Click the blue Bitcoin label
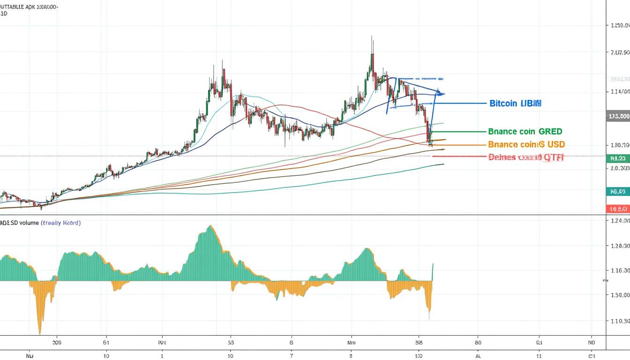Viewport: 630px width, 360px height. (x=515, y=103)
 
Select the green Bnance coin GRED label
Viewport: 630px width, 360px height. (x=525, y=132)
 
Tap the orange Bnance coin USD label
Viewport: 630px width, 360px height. (x=526, y=144)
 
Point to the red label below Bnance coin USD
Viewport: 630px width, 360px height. (x=525, y=157)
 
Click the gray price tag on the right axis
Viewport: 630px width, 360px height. (x=618, y=116)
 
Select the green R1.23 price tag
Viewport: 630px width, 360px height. (x=618, y=158)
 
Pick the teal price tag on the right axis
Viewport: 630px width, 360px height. (x=618, y=191)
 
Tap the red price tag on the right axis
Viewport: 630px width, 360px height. (x=618, y=209)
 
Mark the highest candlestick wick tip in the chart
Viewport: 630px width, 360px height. (x=372, y=36)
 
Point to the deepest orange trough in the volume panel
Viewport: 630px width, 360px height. (x=40, y=334)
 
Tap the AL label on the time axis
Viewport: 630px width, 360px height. (x=478, y=356)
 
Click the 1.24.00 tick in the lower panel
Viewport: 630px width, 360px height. (x=618, y=220)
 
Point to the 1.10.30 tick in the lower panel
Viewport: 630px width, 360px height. (x=618, y=321)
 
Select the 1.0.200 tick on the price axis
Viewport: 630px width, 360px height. (x=618, y=168)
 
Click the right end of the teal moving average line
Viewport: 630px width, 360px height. (x=443, y=164)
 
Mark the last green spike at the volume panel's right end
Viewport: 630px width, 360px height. (x=433, y=264)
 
